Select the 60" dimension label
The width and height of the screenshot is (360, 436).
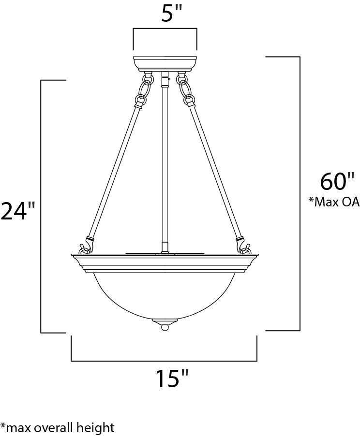click(x=337, y=181)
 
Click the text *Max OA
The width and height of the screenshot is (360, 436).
click(x=334, y=202)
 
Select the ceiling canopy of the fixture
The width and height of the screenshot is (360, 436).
click(x=165, y=64)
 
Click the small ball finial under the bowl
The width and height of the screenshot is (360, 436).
click(x=165, y=328)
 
